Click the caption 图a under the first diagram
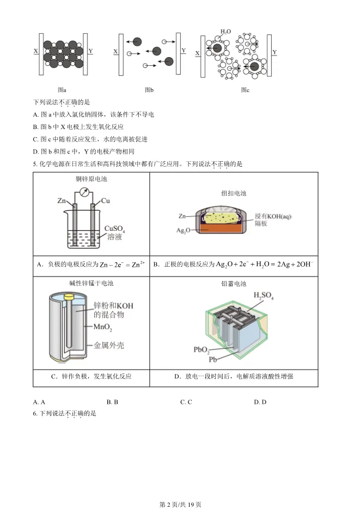(62, 90)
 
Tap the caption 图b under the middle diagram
(149, 90)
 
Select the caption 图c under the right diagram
(245, 90)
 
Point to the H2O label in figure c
(225, 32)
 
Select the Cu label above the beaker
(106, 201)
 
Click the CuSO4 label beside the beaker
(115, 229)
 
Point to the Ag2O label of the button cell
(183, 231)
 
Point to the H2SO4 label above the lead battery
(264, 297)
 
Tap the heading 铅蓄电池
(234, 284)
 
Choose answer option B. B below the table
(112, 402)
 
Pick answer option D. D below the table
(260, 402)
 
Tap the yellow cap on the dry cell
(69, 296)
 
